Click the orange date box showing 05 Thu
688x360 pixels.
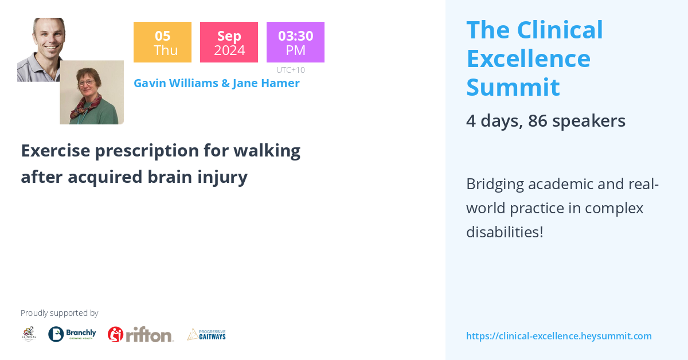click(x=162, y=42)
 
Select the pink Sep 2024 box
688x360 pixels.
click(x=229, y=42)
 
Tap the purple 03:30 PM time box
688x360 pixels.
click(x=295, y=42)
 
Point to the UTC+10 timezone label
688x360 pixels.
click(x=290, y=70)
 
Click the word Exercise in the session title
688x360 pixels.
click(x=55, y=151)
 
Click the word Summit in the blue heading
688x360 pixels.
click(x=513, y=87)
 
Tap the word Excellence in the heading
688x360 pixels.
click(x=528, y=58)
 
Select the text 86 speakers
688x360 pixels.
click(x=576, y=121)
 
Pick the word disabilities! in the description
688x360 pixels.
click(x=504, y=232)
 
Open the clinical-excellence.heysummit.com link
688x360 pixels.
click(x=558, y=336)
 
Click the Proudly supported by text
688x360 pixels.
click(x=59, y=313)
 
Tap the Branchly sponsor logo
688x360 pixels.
click(x=72, y=334)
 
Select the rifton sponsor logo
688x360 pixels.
click(x=140, y=334)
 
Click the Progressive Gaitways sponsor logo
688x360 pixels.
click(x=206, y=334)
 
